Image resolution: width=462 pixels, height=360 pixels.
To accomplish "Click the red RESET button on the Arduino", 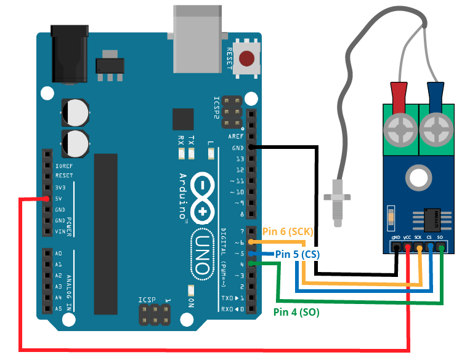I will click(246, 59).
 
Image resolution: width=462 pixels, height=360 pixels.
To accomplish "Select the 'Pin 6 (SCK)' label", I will click(288, 232).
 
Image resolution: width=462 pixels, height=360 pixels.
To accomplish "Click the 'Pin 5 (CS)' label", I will click(297, 254).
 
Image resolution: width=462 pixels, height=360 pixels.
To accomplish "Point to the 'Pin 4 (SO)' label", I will click(296, 312).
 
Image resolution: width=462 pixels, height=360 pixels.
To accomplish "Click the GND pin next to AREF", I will click(251, 147).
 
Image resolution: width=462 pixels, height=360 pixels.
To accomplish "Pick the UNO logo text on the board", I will click(201, 253).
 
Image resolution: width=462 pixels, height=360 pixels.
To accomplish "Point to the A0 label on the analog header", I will click(59, 254).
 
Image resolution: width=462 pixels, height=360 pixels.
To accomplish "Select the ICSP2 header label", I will click(216, 107).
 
